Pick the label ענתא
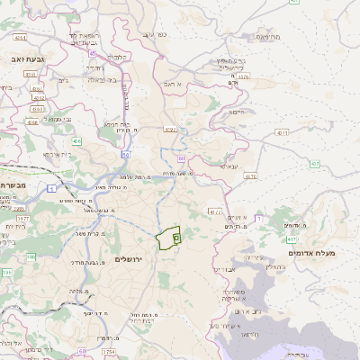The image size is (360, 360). pos(229,166)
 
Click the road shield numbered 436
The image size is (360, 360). pos(77,141)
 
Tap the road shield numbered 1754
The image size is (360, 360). pos(109,351)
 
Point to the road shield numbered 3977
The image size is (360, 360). pos(24,219)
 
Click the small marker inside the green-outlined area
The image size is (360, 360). pos(176,238)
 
